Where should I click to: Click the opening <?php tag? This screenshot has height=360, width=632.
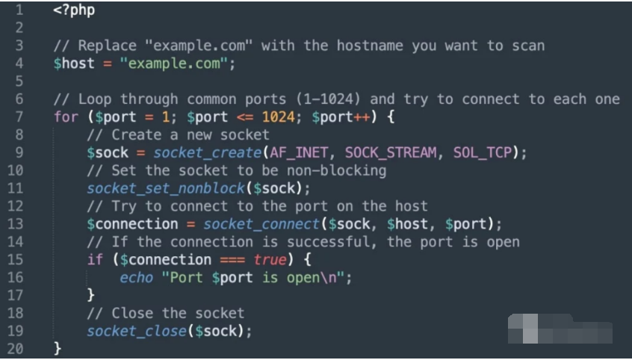[x=74, y=11]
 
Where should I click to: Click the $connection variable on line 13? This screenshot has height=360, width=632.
[x=131, y=224]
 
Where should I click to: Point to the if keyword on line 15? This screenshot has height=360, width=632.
[x=95, y=260]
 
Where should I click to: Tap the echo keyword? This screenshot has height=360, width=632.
[x=136, y=277]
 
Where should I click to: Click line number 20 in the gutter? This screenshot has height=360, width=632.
[x=16, y=349]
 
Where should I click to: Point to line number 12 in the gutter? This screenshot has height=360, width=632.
[x=16, y=206]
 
